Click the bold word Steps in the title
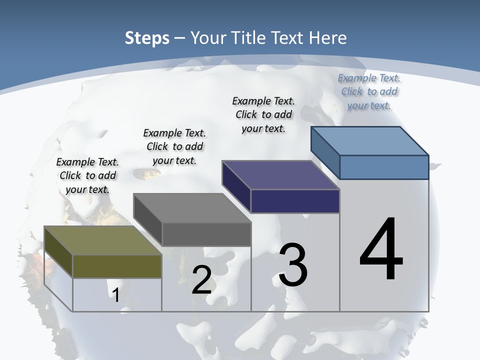[147, 38]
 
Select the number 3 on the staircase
[293, 265]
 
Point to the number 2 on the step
[202, 280]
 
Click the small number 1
[115, 295]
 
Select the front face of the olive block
[117, 266]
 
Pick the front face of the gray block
[206, 234]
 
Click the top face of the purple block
[280, 175]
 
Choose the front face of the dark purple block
[295, 201]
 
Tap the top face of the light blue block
[369, 141]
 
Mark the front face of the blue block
[384, 167]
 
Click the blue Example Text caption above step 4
[369, 91]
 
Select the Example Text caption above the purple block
[263, 114]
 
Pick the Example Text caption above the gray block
[174, 146]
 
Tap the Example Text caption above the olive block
[87, 175]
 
